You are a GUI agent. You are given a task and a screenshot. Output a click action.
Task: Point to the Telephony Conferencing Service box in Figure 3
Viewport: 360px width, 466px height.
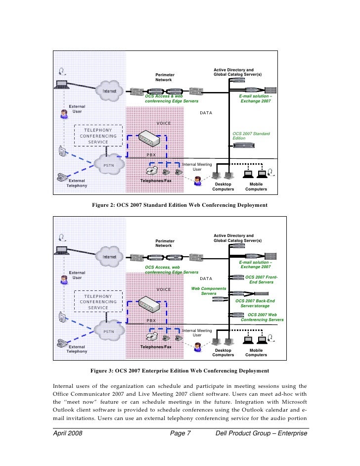[98, 301]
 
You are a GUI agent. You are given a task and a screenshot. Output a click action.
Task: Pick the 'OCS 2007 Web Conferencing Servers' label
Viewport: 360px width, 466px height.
[262, 317]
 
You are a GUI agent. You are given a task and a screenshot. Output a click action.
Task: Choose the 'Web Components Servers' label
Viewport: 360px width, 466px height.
[209, 291]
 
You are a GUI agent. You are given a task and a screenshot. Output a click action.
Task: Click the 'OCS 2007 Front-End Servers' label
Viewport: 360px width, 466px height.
[262, 280]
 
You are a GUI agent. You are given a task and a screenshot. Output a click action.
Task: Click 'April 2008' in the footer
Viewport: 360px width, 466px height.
[67, 434]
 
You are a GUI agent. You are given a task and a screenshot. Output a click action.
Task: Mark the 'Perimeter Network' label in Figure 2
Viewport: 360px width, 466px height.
[165, 77]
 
